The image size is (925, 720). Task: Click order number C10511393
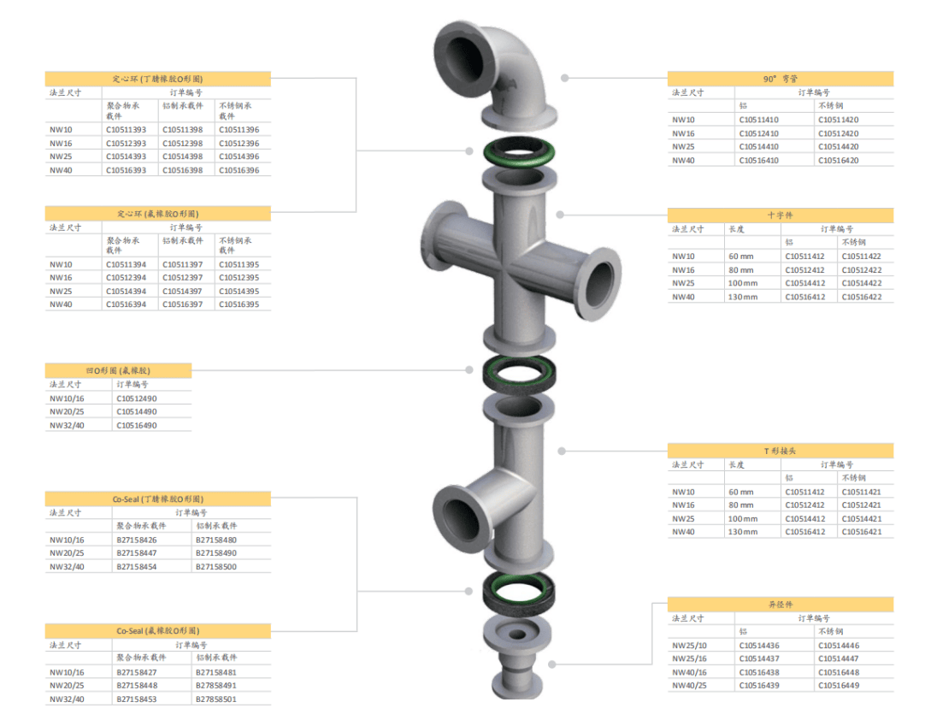(x=127, y=130)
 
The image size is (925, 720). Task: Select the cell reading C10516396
(x=239, y=170)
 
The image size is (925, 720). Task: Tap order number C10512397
(x=183, y=278)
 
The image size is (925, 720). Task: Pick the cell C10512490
(x=137, y=399)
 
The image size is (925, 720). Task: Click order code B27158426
(x=137, y=540)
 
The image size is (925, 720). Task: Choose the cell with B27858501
(x=216, y=699)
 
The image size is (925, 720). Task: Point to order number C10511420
(x=839, y=120)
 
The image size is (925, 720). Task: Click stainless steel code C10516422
(x=862, y=297)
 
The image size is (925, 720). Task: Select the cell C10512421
(x=862, y=505)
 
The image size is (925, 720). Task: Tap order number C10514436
(x=759, y=646)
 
